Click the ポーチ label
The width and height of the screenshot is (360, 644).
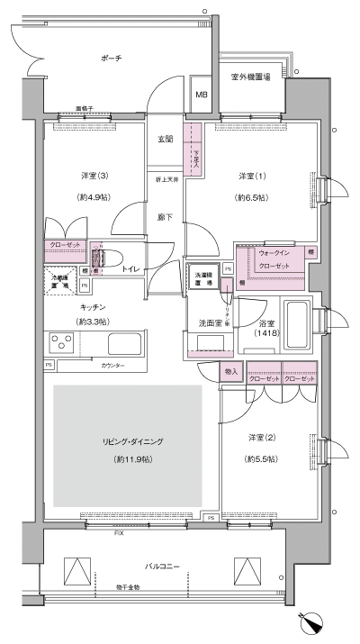pyautogui.click(x=111, y=59)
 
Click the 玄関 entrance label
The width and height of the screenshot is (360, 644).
pyautogui.click(x=166, y=139)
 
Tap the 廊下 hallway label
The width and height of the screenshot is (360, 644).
pyautogui.click(x=166, y=217)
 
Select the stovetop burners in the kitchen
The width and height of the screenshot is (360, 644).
pyautogui.click(x=62, y=343)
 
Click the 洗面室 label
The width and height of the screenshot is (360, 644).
pyautogui.click(x=211, y=322)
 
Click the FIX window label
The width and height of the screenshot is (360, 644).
pyautogui.click(x=118, y=533)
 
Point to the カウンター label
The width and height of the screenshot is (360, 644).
pyautogui.click(x=112, y=367)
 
